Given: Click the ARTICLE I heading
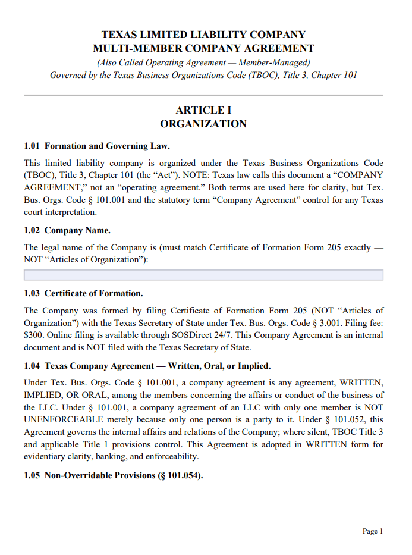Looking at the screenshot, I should (203, 110).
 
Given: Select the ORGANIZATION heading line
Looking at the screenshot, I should (203, 124).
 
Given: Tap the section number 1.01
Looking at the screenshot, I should (32, 146).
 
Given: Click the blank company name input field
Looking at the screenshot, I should (203, 275).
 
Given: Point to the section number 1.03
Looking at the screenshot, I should (32, 293).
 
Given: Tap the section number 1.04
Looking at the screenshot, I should (32, 366).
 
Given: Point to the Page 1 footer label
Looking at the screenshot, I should (373, 531).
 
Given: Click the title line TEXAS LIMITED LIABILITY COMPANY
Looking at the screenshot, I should (203, 35).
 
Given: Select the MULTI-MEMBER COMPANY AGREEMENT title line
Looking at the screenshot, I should (203, 48).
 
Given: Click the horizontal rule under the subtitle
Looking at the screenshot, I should (203, 95).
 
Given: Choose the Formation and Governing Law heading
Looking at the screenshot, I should (107, 146).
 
